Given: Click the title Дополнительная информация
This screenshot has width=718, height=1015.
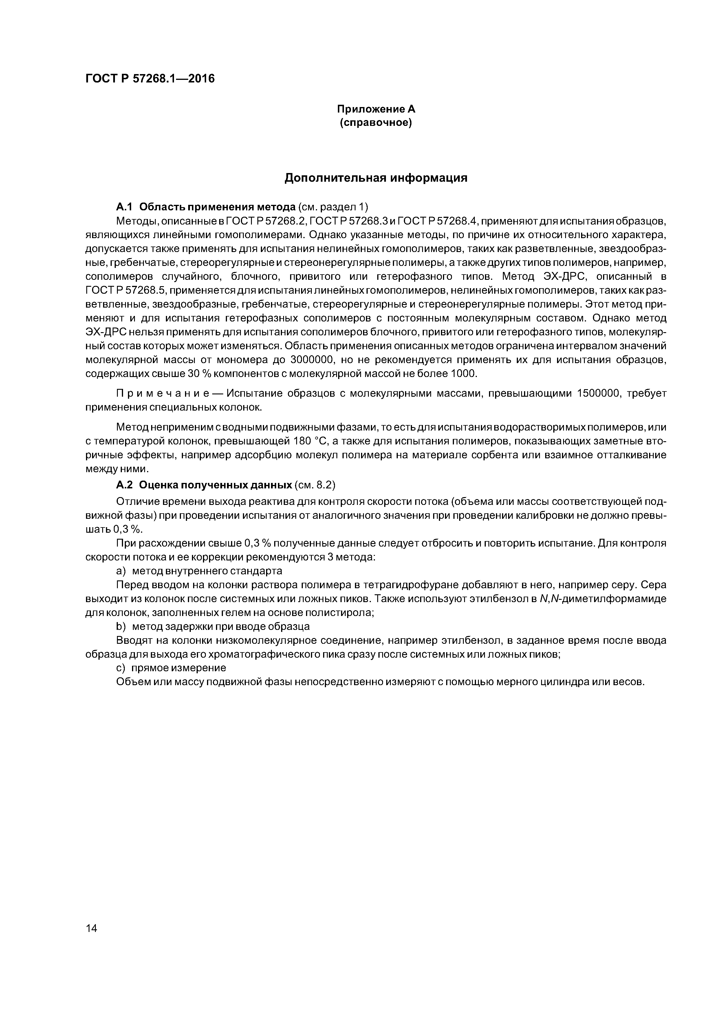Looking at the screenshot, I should (x=376, y=178).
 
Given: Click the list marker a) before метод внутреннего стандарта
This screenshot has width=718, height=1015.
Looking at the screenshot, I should (x=121, y=571).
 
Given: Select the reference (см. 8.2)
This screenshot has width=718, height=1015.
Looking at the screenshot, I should (x=314, y=485).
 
